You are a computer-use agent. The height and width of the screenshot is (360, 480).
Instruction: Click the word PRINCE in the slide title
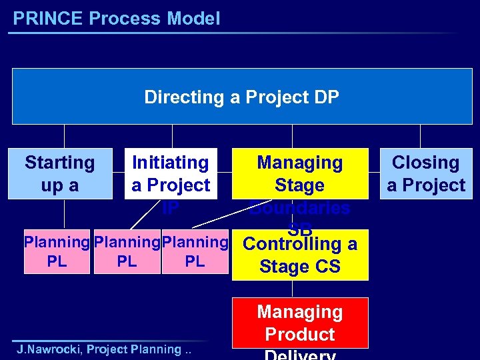[48, 19]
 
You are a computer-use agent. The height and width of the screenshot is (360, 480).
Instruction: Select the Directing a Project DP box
[241, 97]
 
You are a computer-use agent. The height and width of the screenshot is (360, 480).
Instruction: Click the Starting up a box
[60, 173]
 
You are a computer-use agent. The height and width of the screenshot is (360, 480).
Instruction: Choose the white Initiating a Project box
[171, 173]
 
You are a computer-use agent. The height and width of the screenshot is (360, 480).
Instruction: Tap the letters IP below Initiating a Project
[171, 208]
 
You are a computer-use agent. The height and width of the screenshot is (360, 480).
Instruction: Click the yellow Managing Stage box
[300, 173]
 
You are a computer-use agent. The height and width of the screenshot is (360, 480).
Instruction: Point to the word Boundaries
[300, 208]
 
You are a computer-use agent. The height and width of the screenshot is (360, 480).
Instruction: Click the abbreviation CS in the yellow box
[328, 267]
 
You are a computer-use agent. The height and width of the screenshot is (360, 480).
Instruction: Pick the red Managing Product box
[300, 323]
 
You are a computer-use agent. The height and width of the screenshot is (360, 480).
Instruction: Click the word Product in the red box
[300, 334]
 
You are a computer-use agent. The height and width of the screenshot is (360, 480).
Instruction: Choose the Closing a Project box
[426, 173]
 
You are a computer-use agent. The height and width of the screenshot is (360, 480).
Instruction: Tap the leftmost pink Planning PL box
[57, 252]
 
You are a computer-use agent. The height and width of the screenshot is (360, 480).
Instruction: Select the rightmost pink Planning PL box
[195, 252]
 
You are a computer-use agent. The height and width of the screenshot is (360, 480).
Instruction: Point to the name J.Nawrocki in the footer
[49, 349]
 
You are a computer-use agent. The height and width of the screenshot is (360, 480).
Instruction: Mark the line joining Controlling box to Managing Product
[292, 289]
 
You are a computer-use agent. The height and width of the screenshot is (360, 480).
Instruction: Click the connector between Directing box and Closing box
[421, 136]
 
